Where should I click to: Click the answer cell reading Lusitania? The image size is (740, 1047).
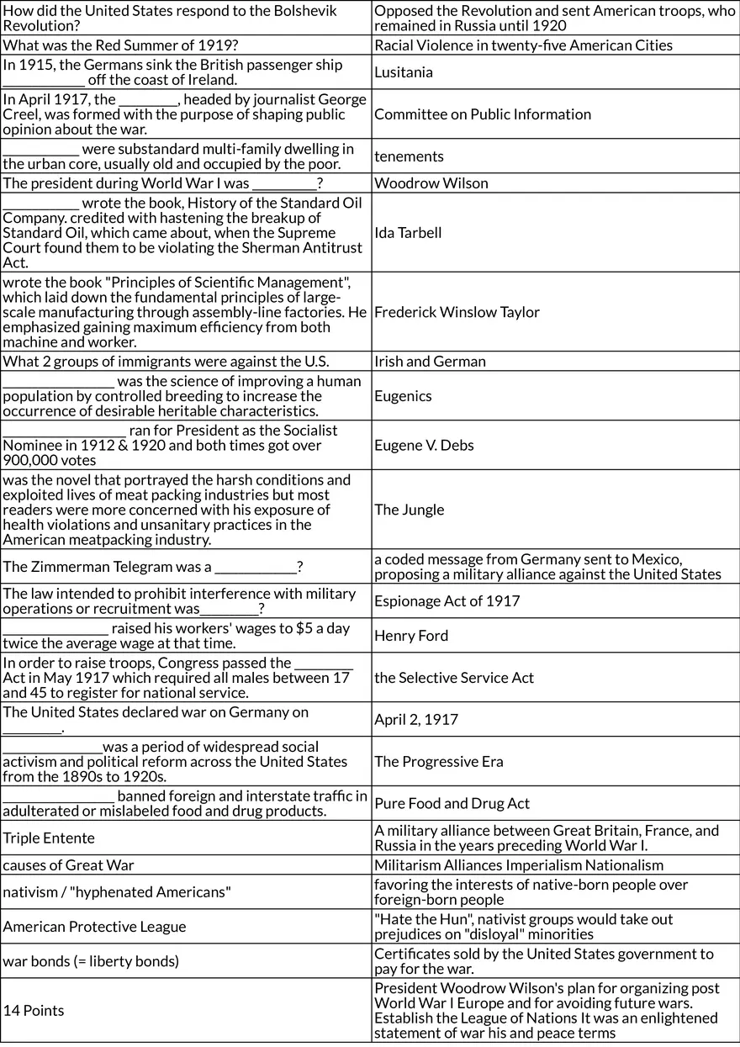[404, 72]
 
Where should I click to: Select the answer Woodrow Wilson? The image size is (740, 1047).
[431, 183]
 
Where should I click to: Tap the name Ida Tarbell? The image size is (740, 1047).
[408, 233]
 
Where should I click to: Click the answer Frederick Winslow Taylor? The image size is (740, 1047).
[457, 312]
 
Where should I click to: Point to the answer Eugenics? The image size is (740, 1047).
[403, 396]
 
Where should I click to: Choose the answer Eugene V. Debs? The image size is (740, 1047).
[424, 446]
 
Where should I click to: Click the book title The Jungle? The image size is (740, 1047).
[410, 510]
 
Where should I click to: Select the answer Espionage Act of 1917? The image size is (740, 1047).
[447, 601]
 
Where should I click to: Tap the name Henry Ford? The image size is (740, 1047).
[411, 636]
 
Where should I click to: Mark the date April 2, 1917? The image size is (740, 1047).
[416, 720]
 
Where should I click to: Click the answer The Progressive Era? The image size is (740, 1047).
[439, 762]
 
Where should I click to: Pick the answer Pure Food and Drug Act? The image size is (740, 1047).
[452, 804]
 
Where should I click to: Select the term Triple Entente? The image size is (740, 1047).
[49, 838]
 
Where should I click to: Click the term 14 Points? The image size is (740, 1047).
[34, 1011]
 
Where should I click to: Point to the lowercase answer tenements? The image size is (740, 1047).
[409, 156]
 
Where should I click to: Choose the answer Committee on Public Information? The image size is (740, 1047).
[483, 114]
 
